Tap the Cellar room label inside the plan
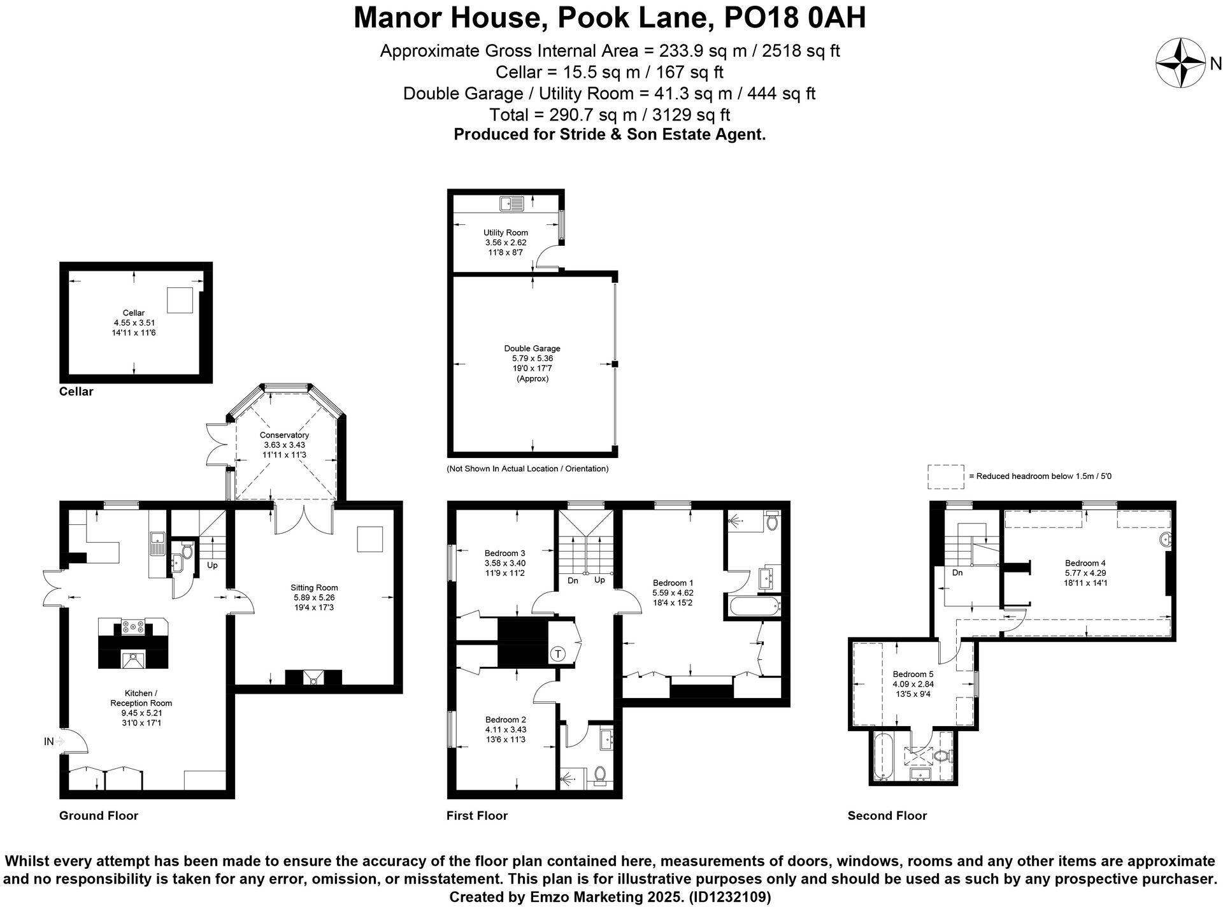pos(134,313)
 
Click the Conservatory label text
pos(284,435)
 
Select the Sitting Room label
pos(314,587)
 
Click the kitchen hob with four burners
pos(132,627)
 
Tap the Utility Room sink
pos(511,204)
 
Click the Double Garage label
pos(532,348)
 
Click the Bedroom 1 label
pos(673,582)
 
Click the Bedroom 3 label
pos(504,553)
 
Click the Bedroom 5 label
pos(913,674)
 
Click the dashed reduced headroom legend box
pos(945,476)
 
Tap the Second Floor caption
pos(887,815)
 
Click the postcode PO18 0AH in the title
pos(795,18)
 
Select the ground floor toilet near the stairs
pos(187,550)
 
